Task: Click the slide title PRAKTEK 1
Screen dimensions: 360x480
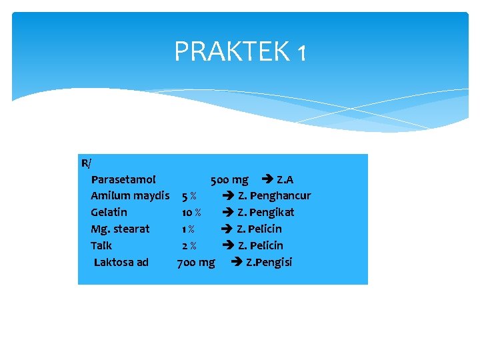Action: [240, 51]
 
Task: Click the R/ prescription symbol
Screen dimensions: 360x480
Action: [87, 163]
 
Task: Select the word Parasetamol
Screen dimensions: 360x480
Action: [123, 179]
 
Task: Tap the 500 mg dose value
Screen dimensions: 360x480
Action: [229, 179]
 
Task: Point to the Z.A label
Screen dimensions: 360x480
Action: [285, 179]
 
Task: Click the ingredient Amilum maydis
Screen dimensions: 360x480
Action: [130, 196]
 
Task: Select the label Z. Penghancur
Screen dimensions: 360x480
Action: [274, 196]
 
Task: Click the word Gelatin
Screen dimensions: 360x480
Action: [109, 212]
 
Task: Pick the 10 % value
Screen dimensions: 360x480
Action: [191, 212]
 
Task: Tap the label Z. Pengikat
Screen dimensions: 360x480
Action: [265, 212]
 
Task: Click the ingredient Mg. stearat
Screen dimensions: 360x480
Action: [120, 229]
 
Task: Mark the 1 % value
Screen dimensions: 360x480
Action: [188, 229]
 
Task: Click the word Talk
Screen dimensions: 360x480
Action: [101, 245]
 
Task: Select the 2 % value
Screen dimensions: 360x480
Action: [189, 245]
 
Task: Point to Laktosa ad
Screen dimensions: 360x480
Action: [121, 262]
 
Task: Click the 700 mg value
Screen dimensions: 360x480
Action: [196, 262]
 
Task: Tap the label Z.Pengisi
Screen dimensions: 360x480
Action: [269, 262]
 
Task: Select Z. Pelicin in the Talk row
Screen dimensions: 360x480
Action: [260, 245]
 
